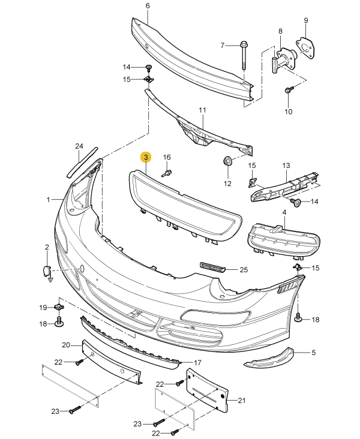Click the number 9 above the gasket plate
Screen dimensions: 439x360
(x=305, y=21)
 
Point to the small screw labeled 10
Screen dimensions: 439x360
(x=289, y=91)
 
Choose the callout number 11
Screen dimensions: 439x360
(x=202, y=110)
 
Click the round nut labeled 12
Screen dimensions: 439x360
(x=228, y=162)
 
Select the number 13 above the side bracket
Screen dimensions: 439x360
(x=286, y=166)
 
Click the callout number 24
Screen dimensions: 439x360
(x=79, y=146)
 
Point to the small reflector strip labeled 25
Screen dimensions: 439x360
(x=211, y=266)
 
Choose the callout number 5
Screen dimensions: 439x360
(x=313, y=353)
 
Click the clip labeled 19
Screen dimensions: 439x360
(x=59, y=307)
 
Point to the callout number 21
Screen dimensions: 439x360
(x=242, y=401)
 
